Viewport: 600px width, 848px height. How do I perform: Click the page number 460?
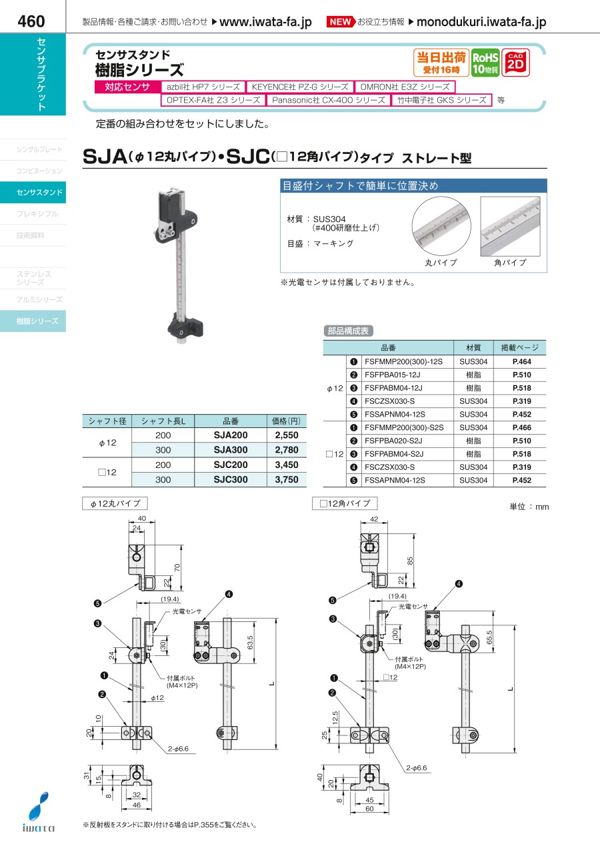31,21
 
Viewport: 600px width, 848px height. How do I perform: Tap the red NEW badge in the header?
340,22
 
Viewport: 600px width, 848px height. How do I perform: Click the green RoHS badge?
485,63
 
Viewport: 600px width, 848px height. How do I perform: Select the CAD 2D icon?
515,63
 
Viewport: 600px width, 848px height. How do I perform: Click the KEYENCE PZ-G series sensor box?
300,87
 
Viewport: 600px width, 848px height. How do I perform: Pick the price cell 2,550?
287,435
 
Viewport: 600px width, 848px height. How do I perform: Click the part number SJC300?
231,479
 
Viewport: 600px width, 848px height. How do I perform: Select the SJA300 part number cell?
231,450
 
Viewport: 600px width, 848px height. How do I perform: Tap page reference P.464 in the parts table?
521,361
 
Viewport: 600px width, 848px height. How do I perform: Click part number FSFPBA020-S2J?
393,441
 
